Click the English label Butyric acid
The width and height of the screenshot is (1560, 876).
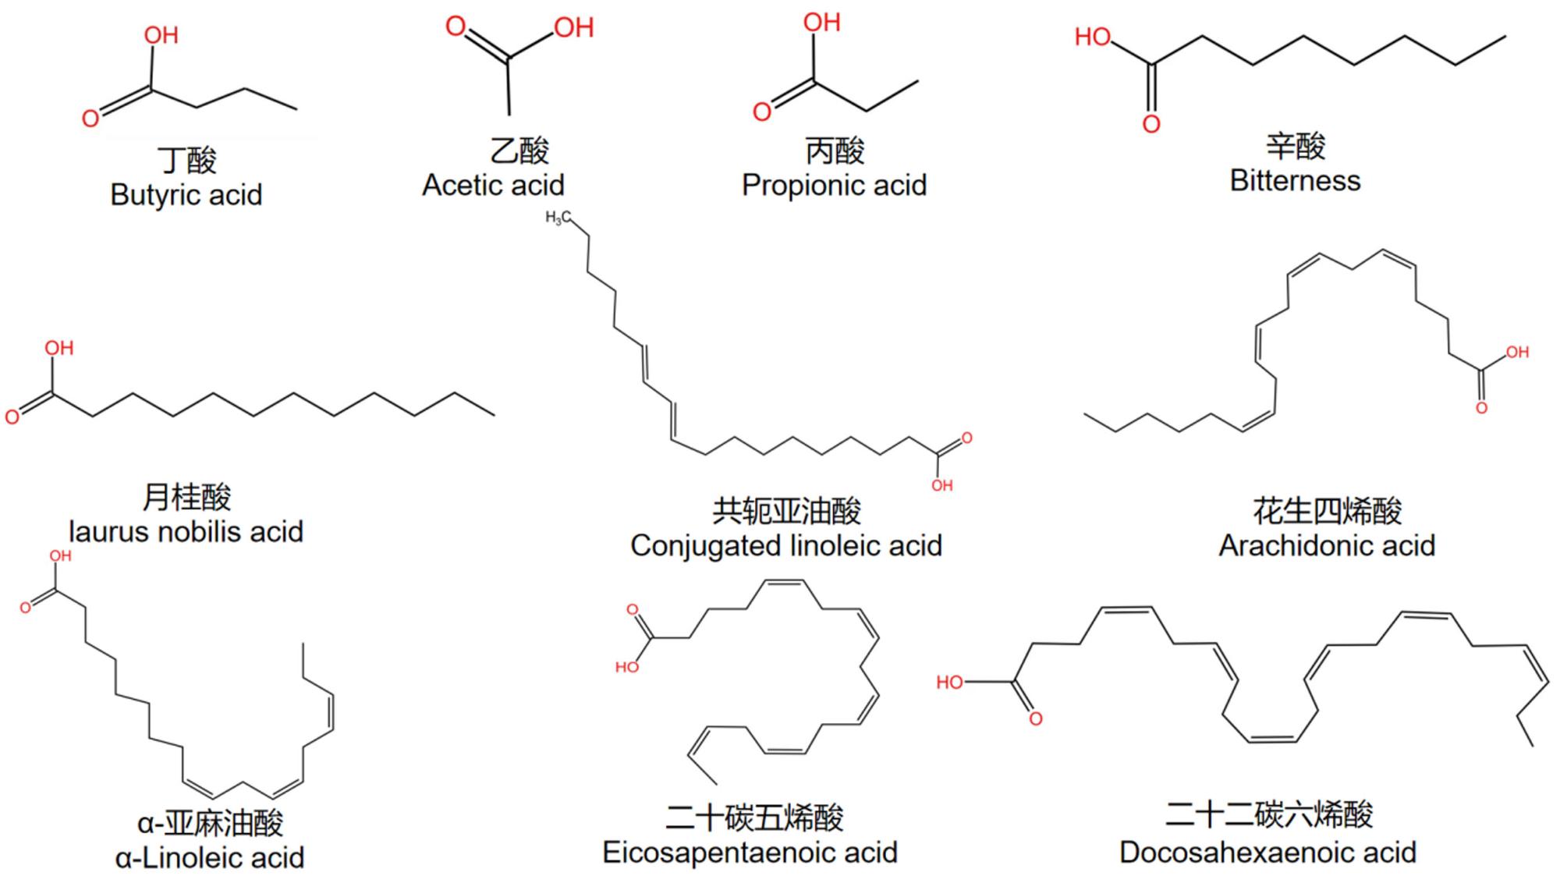[x=186, y=195]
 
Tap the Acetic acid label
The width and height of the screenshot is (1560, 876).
[x=493, y=185]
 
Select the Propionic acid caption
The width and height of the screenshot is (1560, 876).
[x=834, y=186]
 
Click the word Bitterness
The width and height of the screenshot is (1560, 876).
[x=1295, y=181]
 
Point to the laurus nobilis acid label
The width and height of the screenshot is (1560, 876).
[x=186, y=532]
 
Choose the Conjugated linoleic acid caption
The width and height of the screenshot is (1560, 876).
[x=786, y=546]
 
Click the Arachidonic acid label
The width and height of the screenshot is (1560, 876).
[x=1327, y=546]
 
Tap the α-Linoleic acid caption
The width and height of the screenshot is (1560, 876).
[x=209, y=858]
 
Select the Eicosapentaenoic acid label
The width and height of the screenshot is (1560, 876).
[x=750, y=853]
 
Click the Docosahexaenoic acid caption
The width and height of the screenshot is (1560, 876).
[x=1267, y=853]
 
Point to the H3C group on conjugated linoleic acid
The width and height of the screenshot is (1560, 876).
[x=558, y=218]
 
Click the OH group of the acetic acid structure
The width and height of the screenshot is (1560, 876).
[x=574, y=28]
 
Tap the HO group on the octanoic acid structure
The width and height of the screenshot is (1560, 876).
[x=1093, y=37]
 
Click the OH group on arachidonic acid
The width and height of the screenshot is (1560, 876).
[x=1517, y=353]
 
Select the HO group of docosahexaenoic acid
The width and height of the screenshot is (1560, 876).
[x=949, y=683]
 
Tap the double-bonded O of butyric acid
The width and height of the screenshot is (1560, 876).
[x=90, y=119]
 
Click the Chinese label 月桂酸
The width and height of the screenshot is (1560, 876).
[x=186, y=497]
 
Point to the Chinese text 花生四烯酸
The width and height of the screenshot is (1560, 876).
[x=1328, y=511]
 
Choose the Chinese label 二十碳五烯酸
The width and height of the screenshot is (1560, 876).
[x=754, y=817]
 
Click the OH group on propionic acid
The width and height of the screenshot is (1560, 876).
[x=822, y=23]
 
